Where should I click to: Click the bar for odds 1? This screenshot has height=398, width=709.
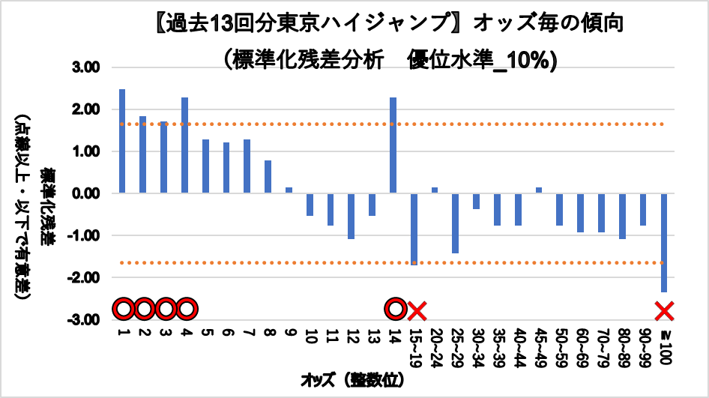122,141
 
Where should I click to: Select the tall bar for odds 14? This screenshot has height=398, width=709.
393,145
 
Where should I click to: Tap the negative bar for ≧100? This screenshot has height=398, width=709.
663,242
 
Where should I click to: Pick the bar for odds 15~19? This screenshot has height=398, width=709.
414,229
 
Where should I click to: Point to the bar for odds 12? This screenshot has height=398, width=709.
351,216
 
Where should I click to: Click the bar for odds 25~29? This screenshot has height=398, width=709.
455,223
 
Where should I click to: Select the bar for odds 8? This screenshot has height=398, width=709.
268,177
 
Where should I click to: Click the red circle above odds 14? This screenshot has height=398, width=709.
394,309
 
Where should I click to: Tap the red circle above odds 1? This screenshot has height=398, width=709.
124,309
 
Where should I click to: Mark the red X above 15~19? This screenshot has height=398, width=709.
417,310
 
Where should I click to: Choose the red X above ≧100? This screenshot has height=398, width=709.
664,310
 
